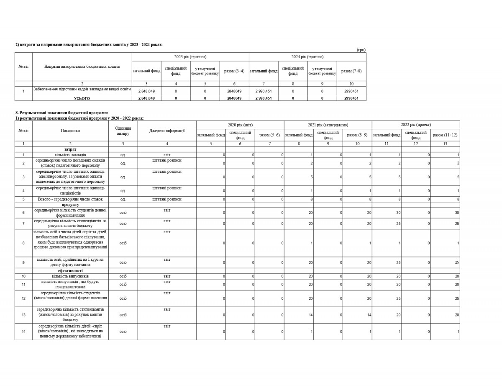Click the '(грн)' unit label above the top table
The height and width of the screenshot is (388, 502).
(x=361, y=50)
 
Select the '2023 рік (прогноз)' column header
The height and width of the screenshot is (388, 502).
(x=190, y=57)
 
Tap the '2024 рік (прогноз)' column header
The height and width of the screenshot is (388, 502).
(x=307, y=57)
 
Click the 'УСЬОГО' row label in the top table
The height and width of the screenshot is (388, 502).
(x=82, y=98)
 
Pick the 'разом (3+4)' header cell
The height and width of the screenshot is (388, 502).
(x=234, y=71)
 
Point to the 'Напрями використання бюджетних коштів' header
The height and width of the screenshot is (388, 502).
(x=82, y=67)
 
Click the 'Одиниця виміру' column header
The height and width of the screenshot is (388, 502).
(x=123, y=131)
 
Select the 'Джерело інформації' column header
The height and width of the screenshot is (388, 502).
(x=167, y=131)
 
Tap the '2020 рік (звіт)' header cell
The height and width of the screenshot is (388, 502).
(x=240, y=125)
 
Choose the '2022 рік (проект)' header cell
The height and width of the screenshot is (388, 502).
(x=416, y=125)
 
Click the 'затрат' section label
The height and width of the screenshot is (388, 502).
(x=70, y=149)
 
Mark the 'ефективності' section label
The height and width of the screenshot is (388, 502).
(x=70, y=271)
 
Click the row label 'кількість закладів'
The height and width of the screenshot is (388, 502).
(x=70, y=155)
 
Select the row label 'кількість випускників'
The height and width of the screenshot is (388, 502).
(x=70, y=276)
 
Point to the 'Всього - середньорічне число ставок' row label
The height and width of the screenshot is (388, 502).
(x=70, y=199)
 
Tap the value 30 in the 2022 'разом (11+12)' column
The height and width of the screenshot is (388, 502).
(x=457, y=213)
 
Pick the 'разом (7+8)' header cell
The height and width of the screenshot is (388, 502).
(x=351, y=71)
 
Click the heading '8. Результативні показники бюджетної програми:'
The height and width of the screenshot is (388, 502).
(x=61, y=113)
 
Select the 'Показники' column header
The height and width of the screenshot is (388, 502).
(x=70, y=131)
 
